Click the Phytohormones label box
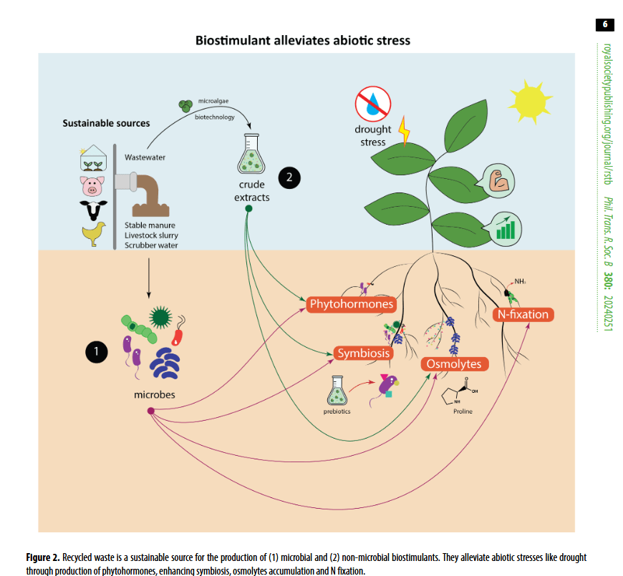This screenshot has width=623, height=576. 352,304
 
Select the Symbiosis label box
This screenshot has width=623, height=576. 364,353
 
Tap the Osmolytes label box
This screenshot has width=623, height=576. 454,364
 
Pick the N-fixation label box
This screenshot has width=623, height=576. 523,314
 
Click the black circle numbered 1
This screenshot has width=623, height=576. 96,351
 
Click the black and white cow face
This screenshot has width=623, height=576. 94,210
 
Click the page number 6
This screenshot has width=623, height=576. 604,24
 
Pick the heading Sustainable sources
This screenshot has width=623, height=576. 107,123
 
